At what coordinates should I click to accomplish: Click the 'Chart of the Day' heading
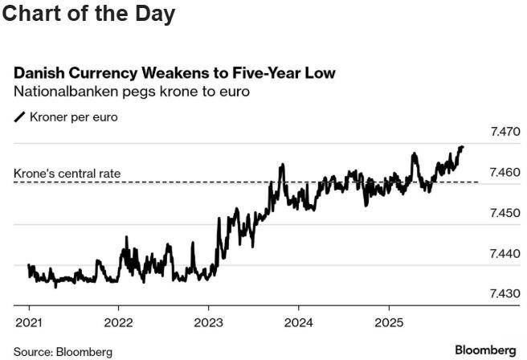click(88, 14)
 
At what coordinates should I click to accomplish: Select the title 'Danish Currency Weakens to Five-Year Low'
click(174, 73)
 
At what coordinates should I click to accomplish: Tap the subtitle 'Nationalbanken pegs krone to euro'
click(132, 92)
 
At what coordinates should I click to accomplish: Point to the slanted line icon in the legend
click(20, 117)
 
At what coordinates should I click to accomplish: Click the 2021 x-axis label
click(28, 318)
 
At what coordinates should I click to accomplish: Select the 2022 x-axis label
click(118, 318)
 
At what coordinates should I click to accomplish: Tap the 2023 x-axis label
click(208, 318)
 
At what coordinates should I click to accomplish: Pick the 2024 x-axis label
click(298, 318)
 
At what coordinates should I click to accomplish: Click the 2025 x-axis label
click(388, 318)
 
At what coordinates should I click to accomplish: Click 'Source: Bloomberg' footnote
click(63, 351)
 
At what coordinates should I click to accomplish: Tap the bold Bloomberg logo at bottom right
click(485, 350)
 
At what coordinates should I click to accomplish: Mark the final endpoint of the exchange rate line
click(463, 147)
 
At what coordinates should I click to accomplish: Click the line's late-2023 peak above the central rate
click(282, 165)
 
